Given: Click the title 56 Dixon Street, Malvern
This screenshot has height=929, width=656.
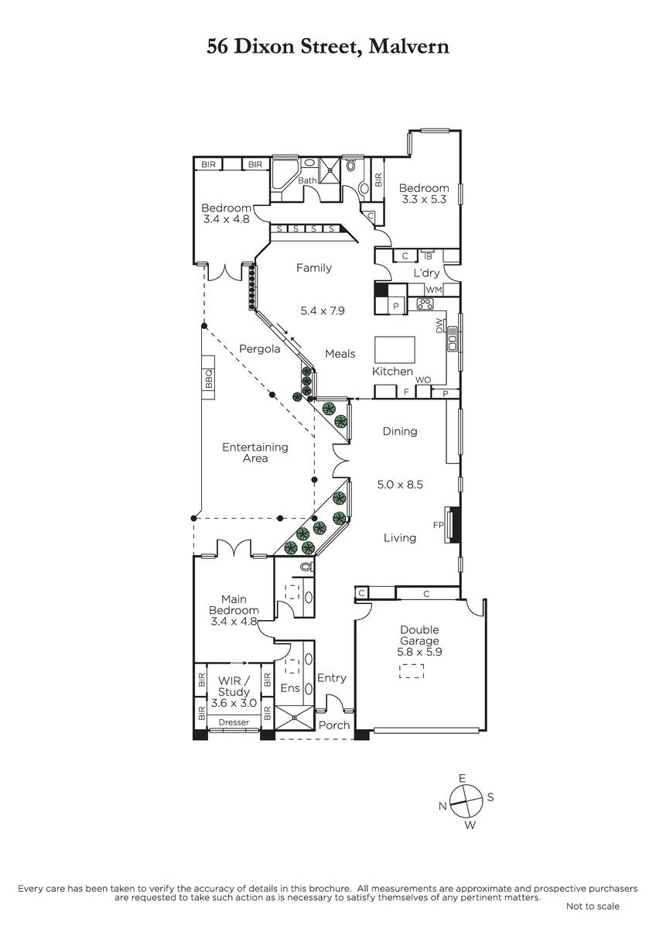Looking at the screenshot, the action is (328, 46).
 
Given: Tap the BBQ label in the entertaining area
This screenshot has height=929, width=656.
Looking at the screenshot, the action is (209, 379).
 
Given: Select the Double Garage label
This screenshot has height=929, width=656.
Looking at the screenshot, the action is (419, 635).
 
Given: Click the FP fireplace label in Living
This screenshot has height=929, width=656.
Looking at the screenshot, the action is (438, 525).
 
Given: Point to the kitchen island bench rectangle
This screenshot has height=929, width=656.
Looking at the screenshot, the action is (395, 350).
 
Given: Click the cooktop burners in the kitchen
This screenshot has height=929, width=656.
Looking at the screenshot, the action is (425, 303).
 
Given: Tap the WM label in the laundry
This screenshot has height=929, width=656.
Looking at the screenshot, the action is (434, 290).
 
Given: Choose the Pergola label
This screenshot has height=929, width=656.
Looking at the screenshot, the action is (260, 349).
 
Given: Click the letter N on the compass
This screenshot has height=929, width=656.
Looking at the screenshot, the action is (443, 806).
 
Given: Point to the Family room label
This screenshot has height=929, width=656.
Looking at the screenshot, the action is (314, 268).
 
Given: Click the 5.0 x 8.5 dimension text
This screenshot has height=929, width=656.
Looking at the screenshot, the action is (400, 485).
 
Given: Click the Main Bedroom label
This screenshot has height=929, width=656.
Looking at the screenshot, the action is (234, 605).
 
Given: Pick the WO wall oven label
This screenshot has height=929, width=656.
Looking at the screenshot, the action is (423, 379).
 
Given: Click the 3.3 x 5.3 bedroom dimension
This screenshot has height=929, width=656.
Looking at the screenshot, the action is (424, 199).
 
